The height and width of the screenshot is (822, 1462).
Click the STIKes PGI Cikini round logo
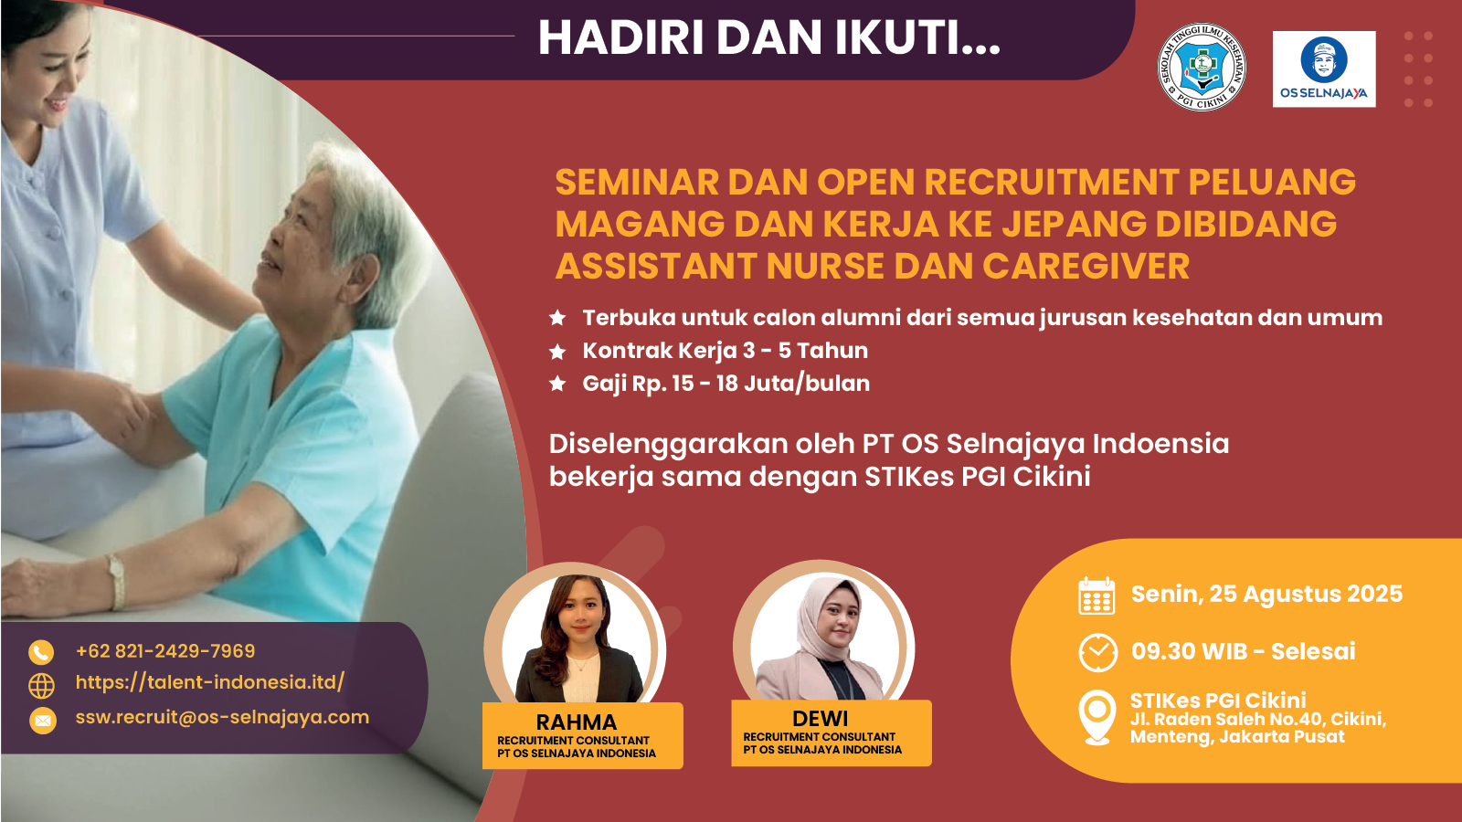[x=1202, y=68]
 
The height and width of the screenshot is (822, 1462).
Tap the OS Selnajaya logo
[x=1324, y=69]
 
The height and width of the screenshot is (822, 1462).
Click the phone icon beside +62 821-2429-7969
[x=41, y=652]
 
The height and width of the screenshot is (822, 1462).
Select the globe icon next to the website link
[x=42, y=686]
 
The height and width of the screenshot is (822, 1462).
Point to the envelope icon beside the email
[x=42, y=721]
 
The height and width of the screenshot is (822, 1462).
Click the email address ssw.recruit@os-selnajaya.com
[x=223, y=717]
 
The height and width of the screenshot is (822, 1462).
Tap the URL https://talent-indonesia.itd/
[x=210, y=682]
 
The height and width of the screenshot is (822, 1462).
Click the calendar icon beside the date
[x=1096, y=595]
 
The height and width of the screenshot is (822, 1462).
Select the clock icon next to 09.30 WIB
[x=1097, y=652]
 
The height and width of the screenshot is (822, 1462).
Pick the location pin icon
[x=1097, y=717]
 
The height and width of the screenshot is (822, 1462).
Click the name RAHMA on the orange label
[x=577, y=722]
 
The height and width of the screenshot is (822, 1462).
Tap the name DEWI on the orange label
[x=820, y=718]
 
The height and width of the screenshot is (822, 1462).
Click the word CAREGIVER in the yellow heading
[x=1086, y=266]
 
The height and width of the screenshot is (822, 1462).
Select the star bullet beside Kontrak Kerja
[x=557, y=352]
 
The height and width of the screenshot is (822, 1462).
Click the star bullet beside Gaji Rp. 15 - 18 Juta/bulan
[x=557, y=384]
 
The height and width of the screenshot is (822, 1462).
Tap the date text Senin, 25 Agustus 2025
[x=1266, y=595]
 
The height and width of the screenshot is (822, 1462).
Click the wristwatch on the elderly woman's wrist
[x=117, y=582]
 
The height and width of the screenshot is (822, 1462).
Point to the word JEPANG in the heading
[x=1075, y=224]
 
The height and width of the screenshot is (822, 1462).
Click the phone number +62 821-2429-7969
[x=165, y=651]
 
